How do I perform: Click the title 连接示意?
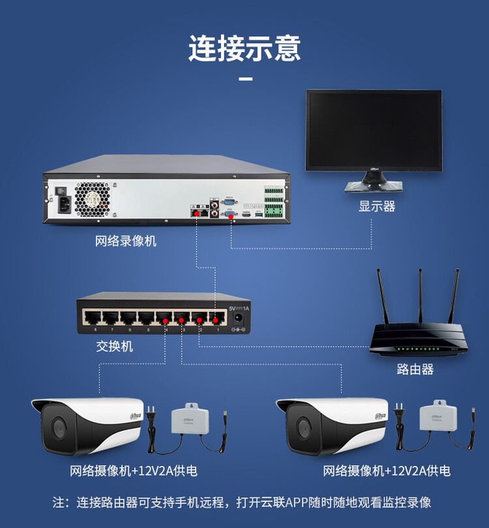point(244,48)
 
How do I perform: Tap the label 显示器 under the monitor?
point(377,206)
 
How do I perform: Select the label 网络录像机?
point(126,241)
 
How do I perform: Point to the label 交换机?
point(115,347)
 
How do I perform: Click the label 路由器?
point(415,369)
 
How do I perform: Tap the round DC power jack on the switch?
point(239,319)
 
